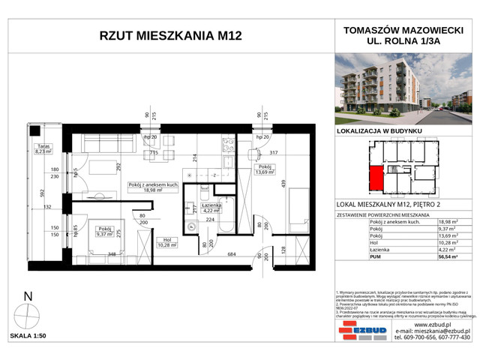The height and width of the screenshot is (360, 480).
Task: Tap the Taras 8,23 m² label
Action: click(43, 148)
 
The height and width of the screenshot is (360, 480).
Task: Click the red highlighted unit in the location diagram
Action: click(375, 178)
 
